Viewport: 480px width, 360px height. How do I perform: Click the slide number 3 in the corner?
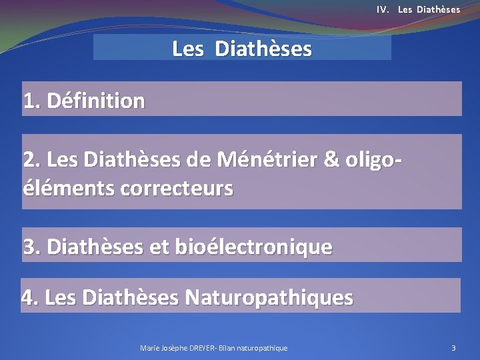[x=453, y=348]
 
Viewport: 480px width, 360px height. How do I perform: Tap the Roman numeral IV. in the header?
[x=383, y=9]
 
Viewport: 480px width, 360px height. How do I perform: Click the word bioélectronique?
[x=253, y=247]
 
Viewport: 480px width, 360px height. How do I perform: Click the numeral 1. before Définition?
[x=31, y=101]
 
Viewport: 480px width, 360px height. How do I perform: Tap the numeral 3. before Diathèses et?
[x=31, y=247]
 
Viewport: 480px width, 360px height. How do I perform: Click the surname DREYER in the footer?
[x=202, y=348]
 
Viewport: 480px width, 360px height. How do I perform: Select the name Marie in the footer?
[x=150, y=348]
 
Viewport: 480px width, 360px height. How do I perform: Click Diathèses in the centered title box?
[x=263, y=49]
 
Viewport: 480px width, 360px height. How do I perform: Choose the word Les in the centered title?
[x=188, y=49]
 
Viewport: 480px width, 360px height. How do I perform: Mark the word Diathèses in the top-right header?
[x=440, y=9]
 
